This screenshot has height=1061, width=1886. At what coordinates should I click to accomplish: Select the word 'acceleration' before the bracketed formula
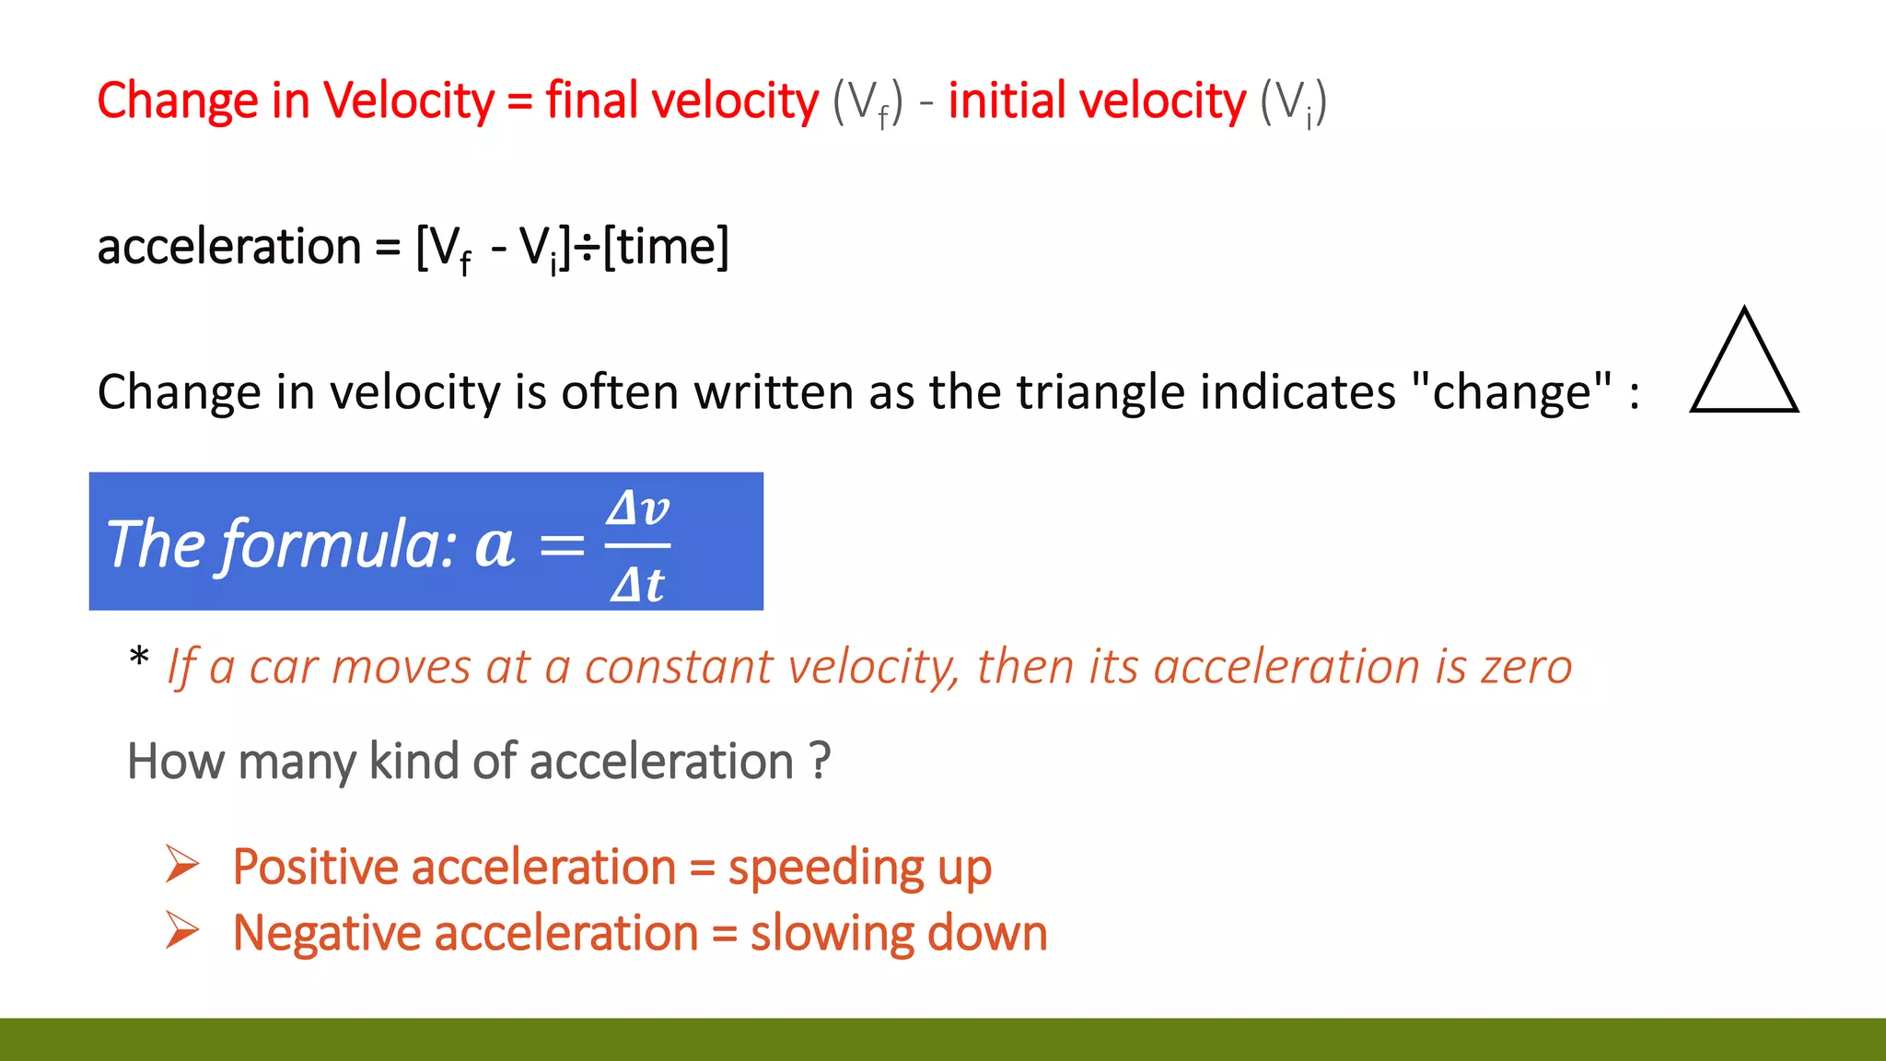click(x=229, y=247)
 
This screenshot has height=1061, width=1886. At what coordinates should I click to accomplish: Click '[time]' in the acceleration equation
click(x=666, y=247)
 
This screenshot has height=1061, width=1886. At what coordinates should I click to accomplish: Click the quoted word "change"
click(x=1511, y=392)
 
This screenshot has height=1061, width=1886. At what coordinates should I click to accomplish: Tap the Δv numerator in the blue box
click(x=637, y=507)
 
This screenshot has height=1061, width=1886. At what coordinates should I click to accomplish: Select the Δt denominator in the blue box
click(x=637, y=584)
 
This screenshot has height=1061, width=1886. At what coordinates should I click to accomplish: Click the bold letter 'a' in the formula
click(x=495, y=545)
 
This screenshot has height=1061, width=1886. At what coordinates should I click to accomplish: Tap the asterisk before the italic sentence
click(x=139, y=658)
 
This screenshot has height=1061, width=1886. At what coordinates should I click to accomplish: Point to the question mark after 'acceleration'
click(x=820, y=762)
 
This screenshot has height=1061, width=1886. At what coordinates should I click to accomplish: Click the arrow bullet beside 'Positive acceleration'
click(x=182, y=864)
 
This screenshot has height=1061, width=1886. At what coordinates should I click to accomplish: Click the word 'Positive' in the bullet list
click(x=314, y=868)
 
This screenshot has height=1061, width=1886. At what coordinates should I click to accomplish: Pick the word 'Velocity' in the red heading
click(x=409, y=100)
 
